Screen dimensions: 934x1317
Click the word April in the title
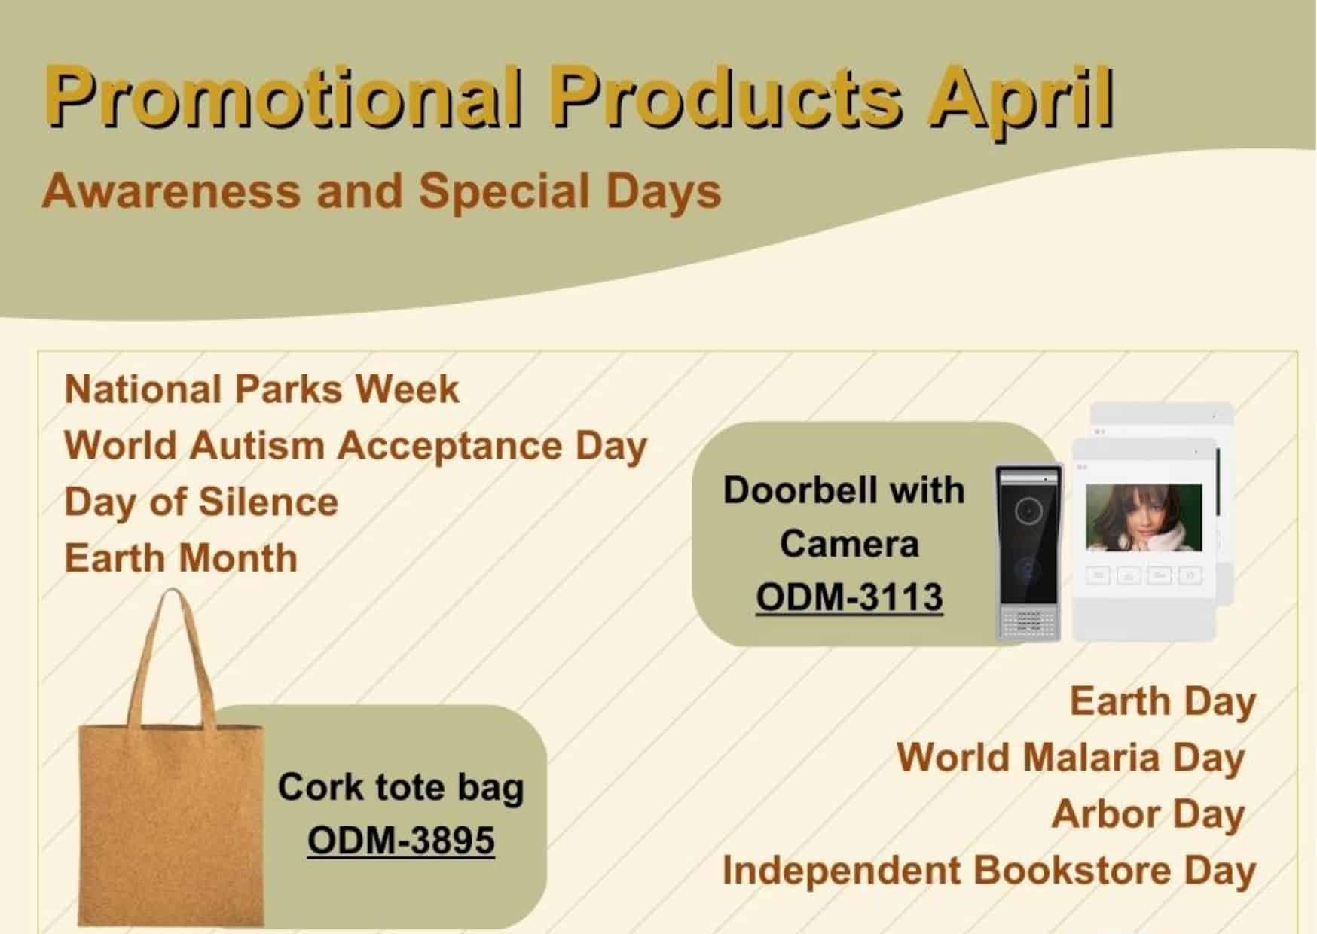(x=1021, y=99)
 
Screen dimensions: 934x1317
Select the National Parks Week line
(x=261, y=389)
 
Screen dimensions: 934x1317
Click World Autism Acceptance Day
(x=356, y=446)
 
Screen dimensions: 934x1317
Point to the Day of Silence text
(x=201, y=502)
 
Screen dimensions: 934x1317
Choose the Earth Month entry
(x=181, y=558)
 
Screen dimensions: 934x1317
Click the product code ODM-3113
(x=849, y=597)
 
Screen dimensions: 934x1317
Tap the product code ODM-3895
(x=401, y=841)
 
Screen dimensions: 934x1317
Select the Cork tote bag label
(x=401, y=787)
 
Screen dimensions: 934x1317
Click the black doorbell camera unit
(x=1028, y=554)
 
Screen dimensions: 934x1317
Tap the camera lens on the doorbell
(x=1028, y=511)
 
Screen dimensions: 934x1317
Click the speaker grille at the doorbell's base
(x=1028, y=621)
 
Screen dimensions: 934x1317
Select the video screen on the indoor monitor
(x=1143, y=517)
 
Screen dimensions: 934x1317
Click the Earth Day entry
(x=1163, y=701)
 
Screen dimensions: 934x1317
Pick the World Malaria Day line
(x=1070, y=757)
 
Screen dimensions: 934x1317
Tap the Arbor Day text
(x=1147, y=813)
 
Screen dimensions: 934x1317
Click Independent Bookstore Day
(x=989, y=871)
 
